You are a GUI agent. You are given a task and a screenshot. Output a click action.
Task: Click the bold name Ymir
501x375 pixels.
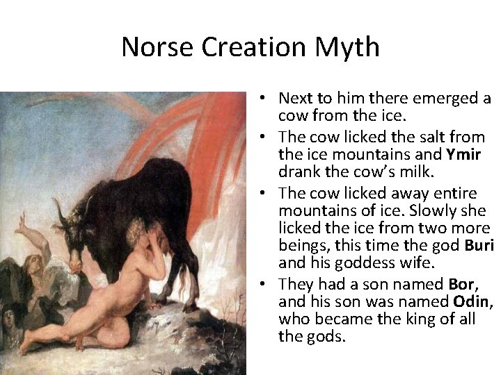click(466, 154)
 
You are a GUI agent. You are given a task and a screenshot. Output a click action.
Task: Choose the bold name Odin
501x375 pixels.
click(472, 301)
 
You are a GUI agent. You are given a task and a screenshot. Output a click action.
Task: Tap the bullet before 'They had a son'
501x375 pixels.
click(267, 283)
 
